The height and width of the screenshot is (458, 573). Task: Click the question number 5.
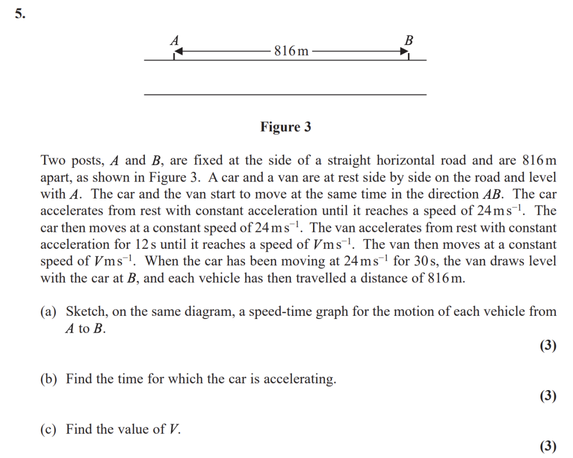(x=20, y=14)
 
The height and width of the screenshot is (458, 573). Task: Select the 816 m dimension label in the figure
(x=291, y=51)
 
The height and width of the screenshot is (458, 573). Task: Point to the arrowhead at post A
(x=178, y=51)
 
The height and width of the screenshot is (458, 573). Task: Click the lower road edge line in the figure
(x=285, y=94)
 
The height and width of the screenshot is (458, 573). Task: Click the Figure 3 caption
(x=285, y=127)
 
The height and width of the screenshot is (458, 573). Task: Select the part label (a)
(x=49, y=312)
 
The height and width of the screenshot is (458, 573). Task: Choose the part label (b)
(x=49, y=379)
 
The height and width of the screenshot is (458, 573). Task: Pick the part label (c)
(x=49, y=429)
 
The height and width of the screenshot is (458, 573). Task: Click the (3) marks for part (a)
(x=548, y=346)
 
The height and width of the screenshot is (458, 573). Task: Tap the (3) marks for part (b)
(x=548, y=396)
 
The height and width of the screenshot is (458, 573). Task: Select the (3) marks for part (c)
(x=548, y=446)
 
